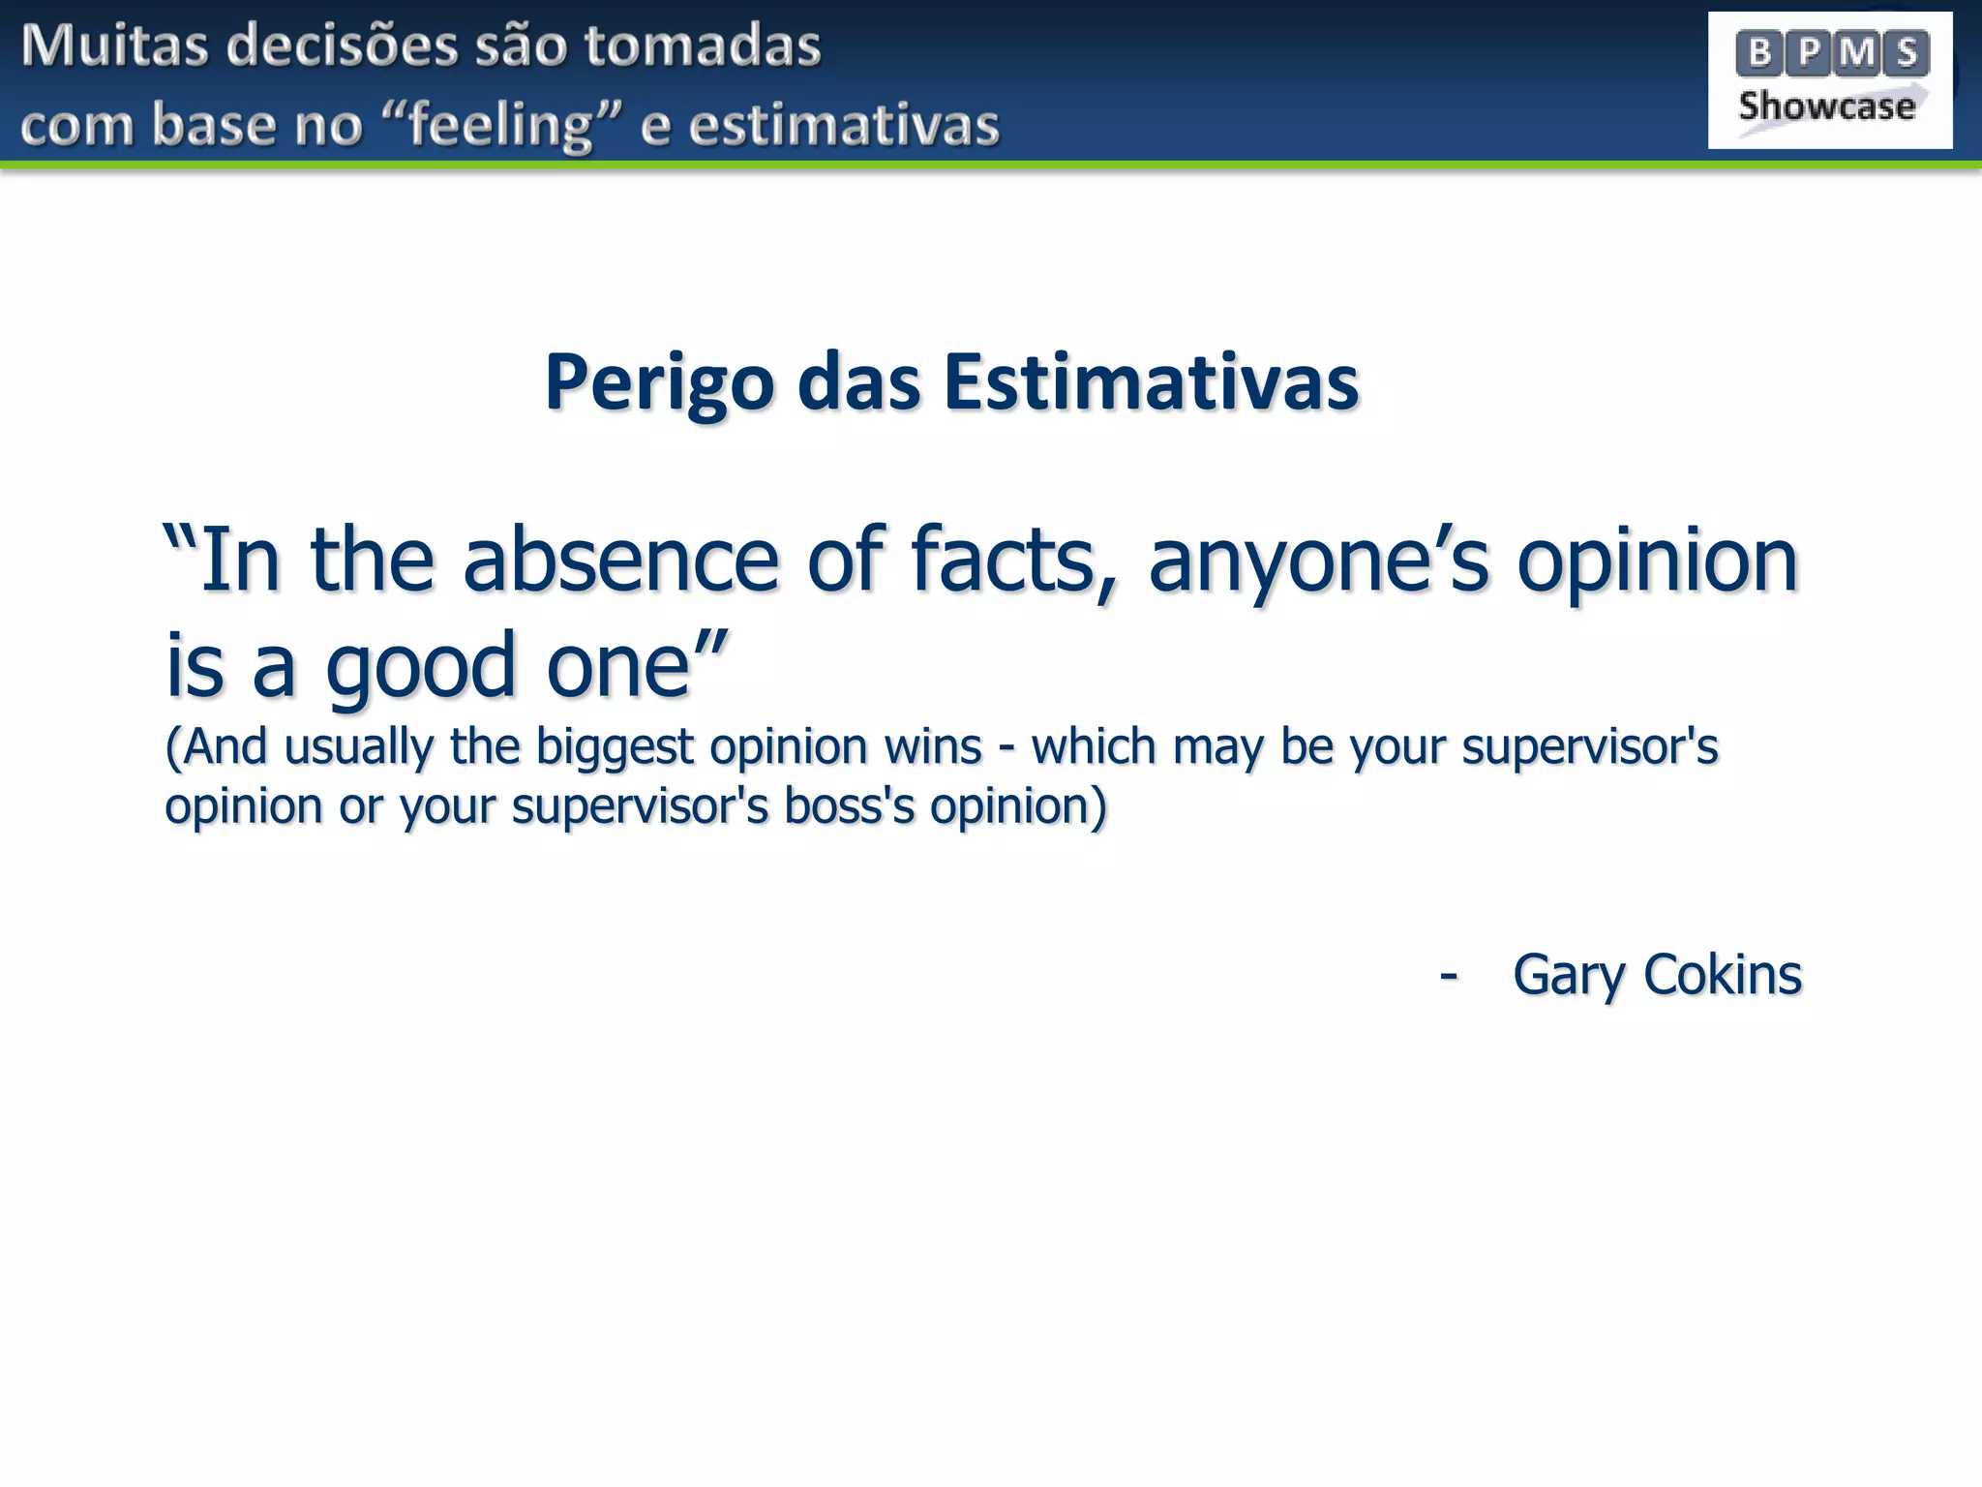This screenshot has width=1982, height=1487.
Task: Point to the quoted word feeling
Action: [x=500, y=126]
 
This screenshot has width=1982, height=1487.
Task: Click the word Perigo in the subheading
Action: [x=659, y=383]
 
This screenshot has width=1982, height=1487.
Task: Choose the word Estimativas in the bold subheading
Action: [x=1151, y=383]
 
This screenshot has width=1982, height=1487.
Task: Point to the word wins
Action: [x=933, y=747]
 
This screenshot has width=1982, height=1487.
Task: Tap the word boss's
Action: [x=849, y=805]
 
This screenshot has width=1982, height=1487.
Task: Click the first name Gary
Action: [x=1569, y=974]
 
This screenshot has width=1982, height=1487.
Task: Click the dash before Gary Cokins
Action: [x=1448, y=974]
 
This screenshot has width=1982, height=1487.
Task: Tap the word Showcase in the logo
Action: [x=1826, y=106]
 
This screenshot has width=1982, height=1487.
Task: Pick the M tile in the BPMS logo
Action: [x=1858, y=53]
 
